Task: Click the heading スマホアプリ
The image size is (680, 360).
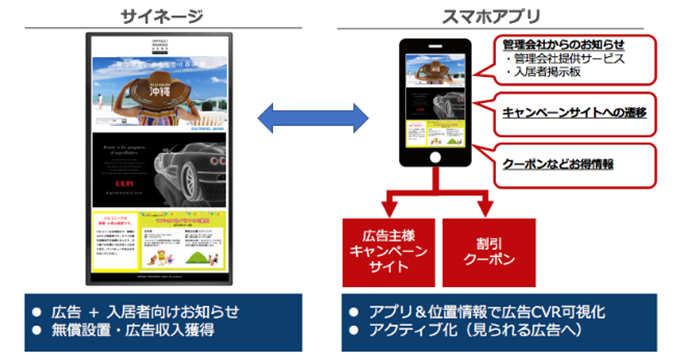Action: coord(496,16)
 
